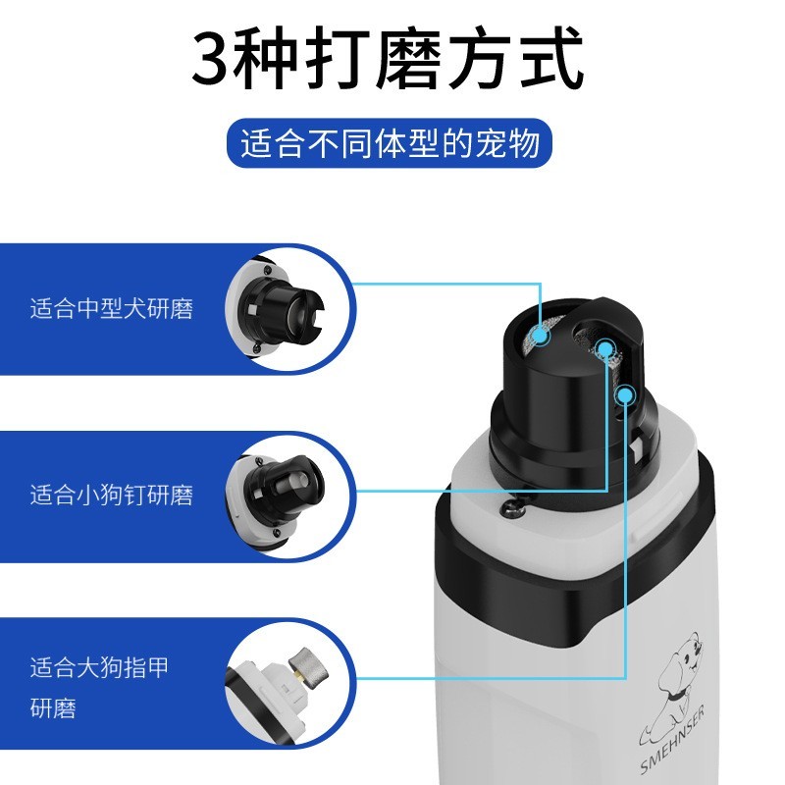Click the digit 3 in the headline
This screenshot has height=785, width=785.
[217, 61]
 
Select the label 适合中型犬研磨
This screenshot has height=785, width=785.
[111, 310]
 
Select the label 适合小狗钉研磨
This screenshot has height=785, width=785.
[111, 495]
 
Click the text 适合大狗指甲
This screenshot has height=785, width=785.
[99, 669]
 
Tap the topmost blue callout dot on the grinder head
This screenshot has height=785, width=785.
[539, 335]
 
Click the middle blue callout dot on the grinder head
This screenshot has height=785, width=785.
[605, 347]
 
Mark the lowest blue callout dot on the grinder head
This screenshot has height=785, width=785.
[625, 394]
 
